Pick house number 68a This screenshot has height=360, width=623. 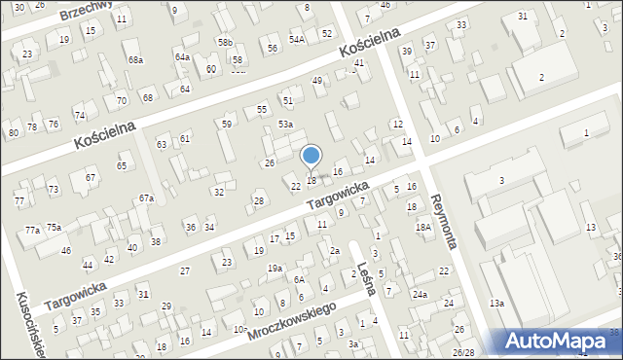coord(135,60)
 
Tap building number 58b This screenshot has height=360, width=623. coord(226,43)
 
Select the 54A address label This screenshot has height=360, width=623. coord(296,40)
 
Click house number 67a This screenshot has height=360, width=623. coord(146,198)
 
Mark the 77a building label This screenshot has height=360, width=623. coord(33,231)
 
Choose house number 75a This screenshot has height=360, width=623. coord(55,228)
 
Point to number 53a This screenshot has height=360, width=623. coord(285,125)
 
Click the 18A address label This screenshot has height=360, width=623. coord(423,227)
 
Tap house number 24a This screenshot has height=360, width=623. coord(420,294)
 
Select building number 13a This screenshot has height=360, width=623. coord(496,304)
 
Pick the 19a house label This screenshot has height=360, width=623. coord(275,268)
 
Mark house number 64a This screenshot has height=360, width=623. coord(182,57)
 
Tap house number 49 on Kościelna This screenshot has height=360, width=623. coord(316,81)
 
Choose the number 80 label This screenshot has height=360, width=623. coord(14,133)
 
